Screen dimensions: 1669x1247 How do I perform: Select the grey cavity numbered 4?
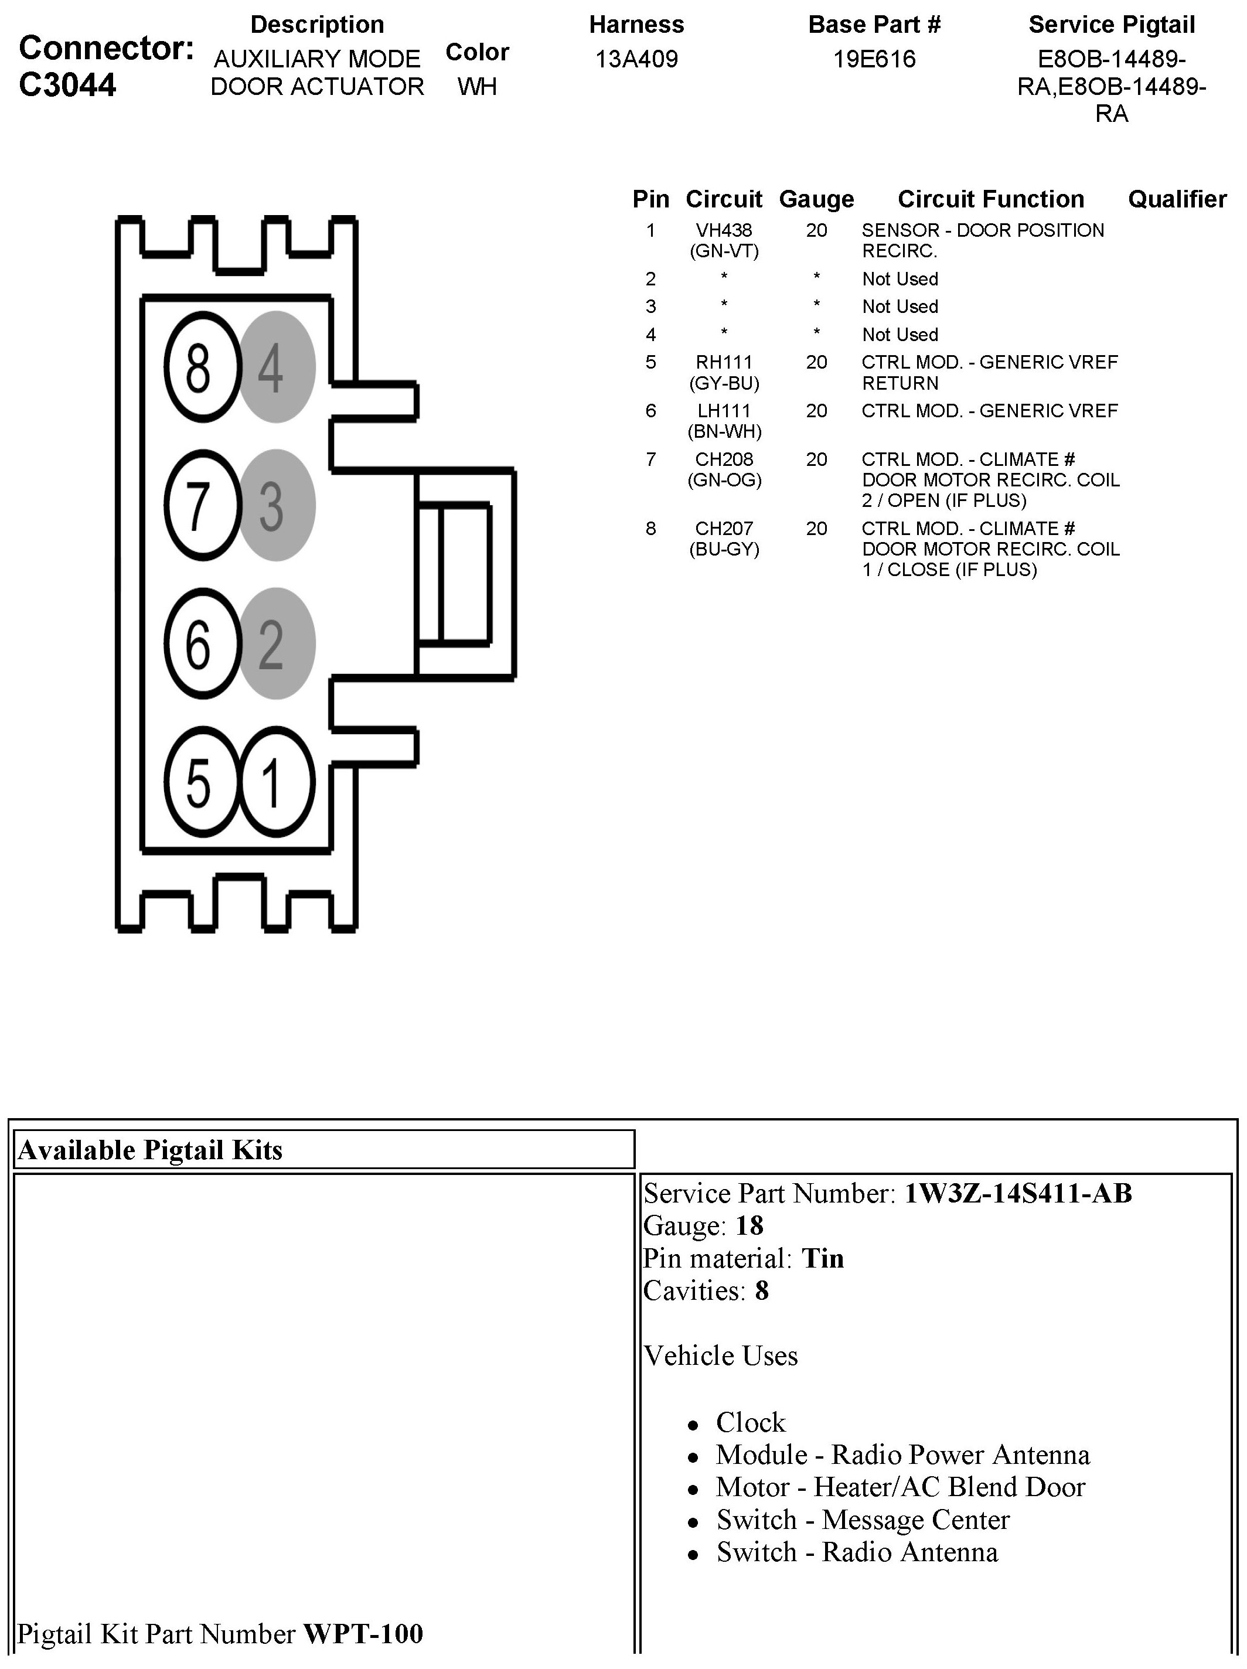pos(275,367)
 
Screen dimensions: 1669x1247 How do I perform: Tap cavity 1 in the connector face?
pos(275,782)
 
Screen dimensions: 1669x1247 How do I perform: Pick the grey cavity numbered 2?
pos(275,643)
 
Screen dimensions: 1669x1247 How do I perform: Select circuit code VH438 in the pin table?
pos(724,230)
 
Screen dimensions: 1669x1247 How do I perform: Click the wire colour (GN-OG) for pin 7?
pos(724,480)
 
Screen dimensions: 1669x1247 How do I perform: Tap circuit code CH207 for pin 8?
pos(724,528)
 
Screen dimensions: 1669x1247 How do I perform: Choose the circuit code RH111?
pos(724,362)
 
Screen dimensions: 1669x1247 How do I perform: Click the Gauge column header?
pos(816,199)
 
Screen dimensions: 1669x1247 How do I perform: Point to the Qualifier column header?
pos(1177,199)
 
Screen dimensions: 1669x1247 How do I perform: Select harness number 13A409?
pos(637,59)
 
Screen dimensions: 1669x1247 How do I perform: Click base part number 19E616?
pos(874,59)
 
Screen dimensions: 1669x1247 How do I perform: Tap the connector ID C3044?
pos(68,84)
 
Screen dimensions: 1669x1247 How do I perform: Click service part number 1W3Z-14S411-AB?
pos(1018,1193)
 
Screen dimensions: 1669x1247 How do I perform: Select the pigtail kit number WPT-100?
pos(363,1633)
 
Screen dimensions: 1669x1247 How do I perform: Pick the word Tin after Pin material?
pos(822,1258)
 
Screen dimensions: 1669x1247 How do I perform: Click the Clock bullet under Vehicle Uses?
pos(750,1422)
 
